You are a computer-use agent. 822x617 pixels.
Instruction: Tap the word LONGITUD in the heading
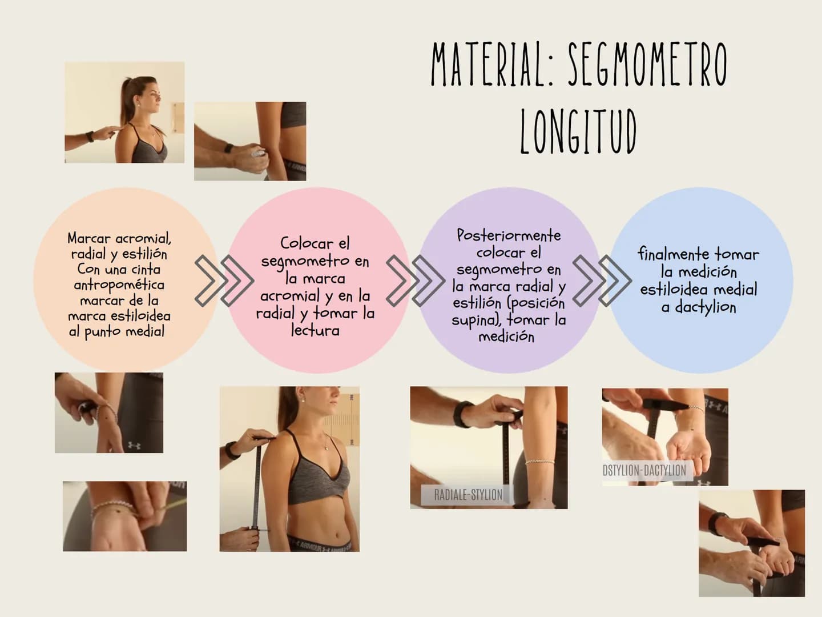click(x=579, y=131)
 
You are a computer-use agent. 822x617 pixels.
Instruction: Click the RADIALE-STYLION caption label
click(x=468, y=495)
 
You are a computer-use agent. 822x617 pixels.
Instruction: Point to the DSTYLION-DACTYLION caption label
click(x=644, y=471)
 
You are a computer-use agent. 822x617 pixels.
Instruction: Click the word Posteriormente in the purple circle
click(x=509, y=235)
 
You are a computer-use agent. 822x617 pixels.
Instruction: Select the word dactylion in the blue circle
click(x=705, y=307)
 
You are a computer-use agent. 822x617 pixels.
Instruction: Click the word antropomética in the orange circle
click(x=119, y=285)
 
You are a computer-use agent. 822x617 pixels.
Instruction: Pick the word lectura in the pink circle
click(x=315, y=330)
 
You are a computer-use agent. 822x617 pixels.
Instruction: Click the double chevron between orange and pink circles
click(x=224, y=281)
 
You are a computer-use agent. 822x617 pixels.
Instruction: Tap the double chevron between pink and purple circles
click(x=416, y=281)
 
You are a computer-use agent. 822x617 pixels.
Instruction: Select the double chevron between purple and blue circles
click(x=602, y=281)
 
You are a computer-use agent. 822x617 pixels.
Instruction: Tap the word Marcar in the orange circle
click(x=89, y=238)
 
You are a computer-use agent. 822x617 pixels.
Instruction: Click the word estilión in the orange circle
click(x=144, y=254)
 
